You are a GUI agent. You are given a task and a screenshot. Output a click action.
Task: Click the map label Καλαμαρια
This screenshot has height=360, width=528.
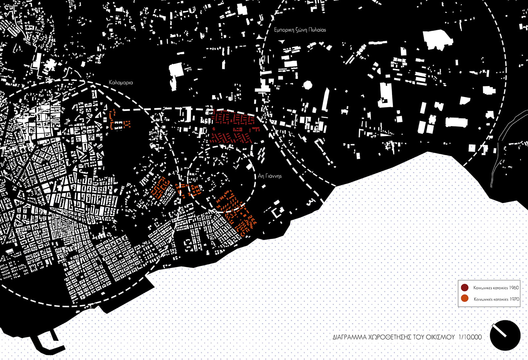tap(121, 82)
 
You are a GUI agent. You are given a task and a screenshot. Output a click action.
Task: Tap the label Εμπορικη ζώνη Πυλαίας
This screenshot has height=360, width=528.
tap(300, 30)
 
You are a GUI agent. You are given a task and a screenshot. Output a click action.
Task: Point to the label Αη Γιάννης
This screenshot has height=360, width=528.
tap(270, 176)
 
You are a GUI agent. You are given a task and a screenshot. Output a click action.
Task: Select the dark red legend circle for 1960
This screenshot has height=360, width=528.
tap(465, 287)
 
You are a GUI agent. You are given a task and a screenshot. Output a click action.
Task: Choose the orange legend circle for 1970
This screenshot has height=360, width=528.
tap(465, 299)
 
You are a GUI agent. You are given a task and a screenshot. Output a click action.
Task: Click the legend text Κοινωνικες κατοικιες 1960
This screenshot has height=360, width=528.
tap(496, 288)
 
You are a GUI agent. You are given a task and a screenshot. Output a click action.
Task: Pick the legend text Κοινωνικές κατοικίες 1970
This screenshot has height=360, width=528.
tap(496, 299)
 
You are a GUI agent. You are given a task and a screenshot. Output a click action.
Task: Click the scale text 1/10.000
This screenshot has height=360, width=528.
tap(470, 337)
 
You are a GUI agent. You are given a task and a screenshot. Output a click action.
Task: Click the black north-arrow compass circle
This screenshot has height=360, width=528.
tap(505, 336)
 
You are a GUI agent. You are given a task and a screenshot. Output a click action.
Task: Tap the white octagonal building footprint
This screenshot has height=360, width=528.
tap(308, 85)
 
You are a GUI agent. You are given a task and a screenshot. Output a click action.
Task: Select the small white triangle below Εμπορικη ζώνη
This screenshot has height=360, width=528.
tap(281, 42)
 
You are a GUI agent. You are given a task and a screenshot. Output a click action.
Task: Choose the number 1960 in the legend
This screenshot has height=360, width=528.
tap(514, 288)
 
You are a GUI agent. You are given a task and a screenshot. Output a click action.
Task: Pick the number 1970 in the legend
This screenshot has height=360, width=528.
tap(514, 299)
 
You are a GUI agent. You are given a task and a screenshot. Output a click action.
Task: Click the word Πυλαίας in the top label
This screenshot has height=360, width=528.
tap(317, 30)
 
